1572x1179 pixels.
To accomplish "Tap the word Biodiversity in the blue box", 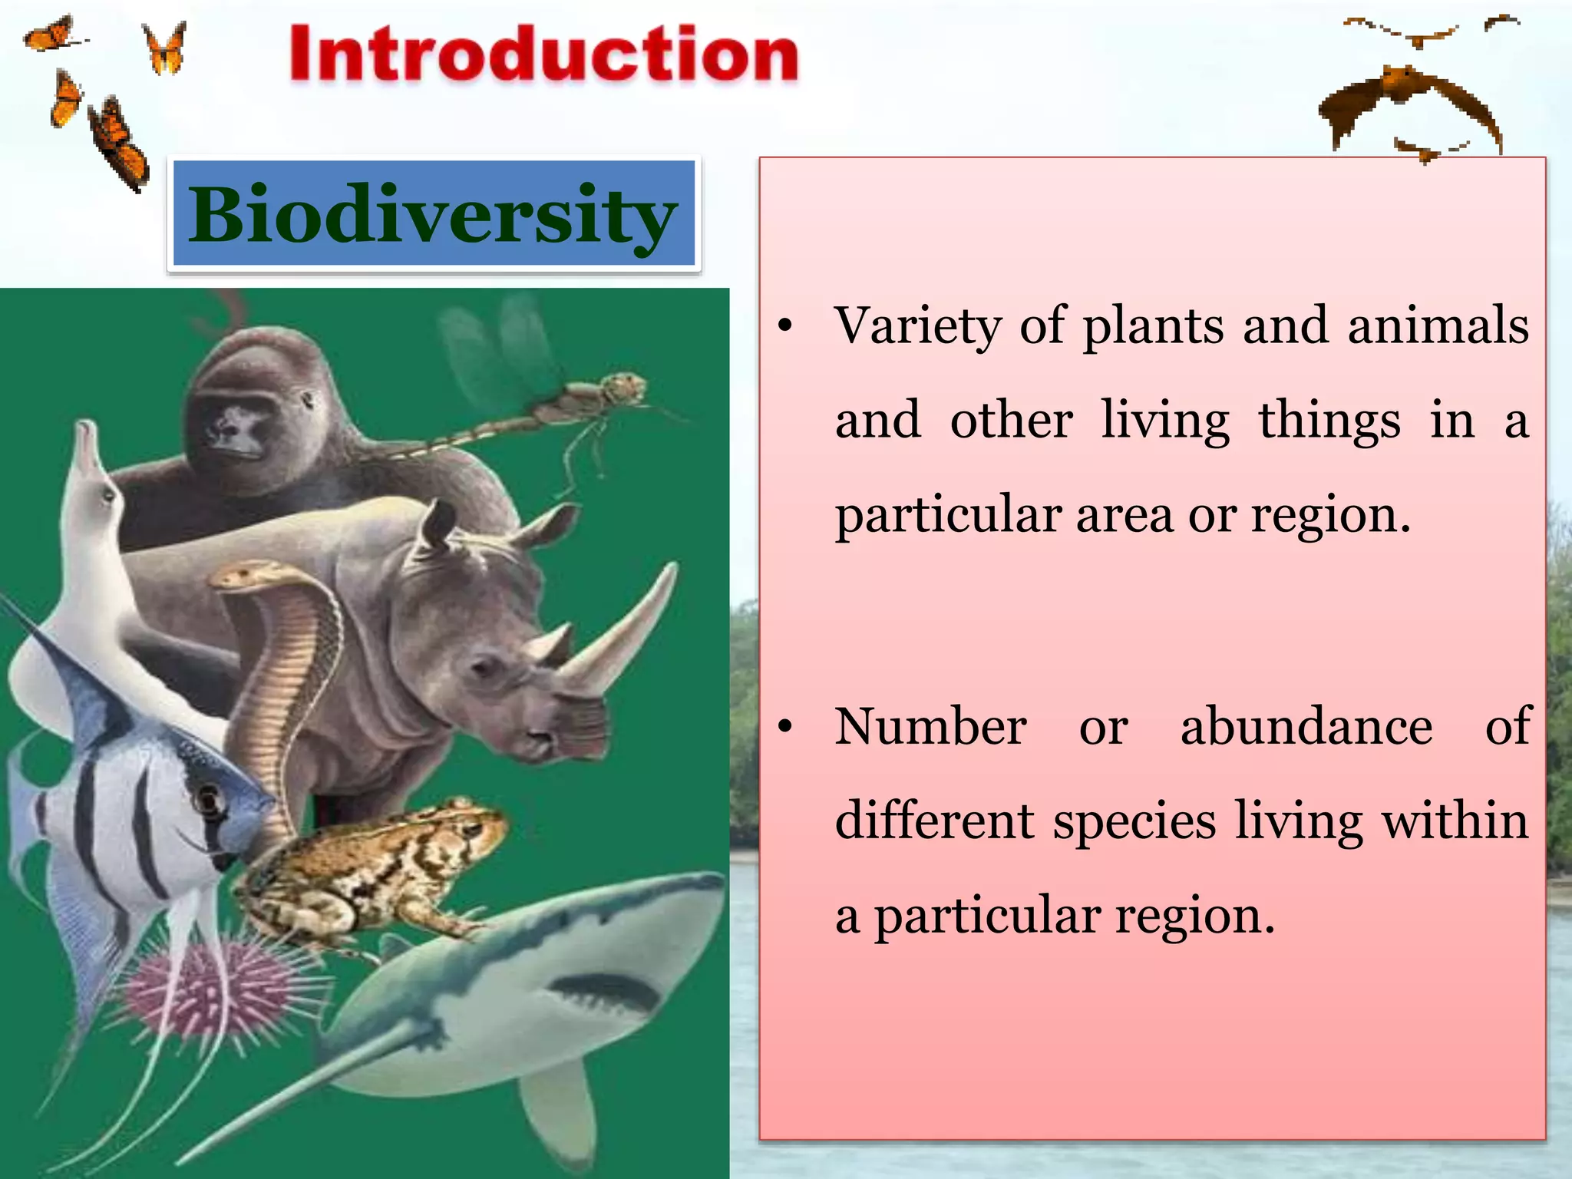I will point(432,215).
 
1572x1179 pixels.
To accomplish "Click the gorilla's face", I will point(234,426).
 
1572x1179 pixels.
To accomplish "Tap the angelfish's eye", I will point(208,798).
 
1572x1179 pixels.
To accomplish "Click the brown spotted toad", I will point(376,871).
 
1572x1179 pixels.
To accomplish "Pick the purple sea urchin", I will point(211,990).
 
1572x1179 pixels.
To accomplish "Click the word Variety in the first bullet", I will point(917,326).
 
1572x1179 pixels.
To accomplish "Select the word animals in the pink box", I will point(1438,326).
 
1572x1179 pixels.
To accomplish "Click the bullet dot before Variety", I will point(784,327).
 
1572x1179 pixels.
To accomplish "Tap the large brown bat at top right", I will point(1409,104).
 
